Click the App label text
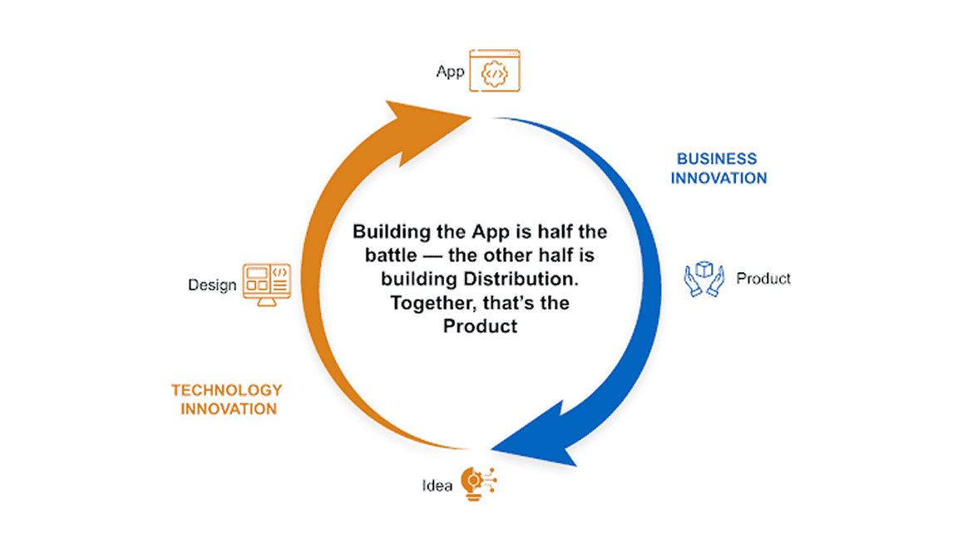[x=450, y=72]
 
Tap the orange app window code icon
[x=495, y=71]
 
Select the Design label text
[x=212, y=285]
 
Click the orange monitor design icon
[x=266, y=285]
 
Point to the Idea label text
[x=437, y=486]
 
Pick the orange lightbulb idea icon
[x=478, y=483]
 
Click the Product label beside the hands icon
[x=763, y=279]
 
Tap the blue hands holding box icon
[x=704, y=279]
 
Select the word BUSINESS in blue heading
[x=717, y=159]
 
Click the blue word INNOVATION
[x=718, y=178]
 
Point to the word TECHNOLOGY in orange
[x=227, y=390]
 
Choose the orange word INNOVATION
[x=229, y=409]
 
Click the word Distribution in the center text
[x=521, y=279]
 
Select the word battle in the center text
[x=391, y=255]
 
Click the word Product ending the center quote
[x=480, y=326]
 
